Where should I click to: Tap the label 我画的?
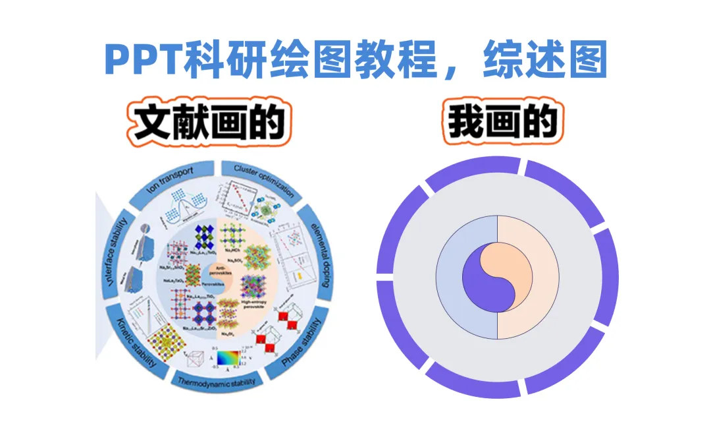point(503,123)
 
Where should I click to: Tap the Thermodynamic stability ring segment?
point(217,381)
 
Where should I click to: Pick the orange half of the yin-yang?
point(507,264)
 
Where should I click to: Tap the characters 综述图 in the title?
point(544,61)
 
